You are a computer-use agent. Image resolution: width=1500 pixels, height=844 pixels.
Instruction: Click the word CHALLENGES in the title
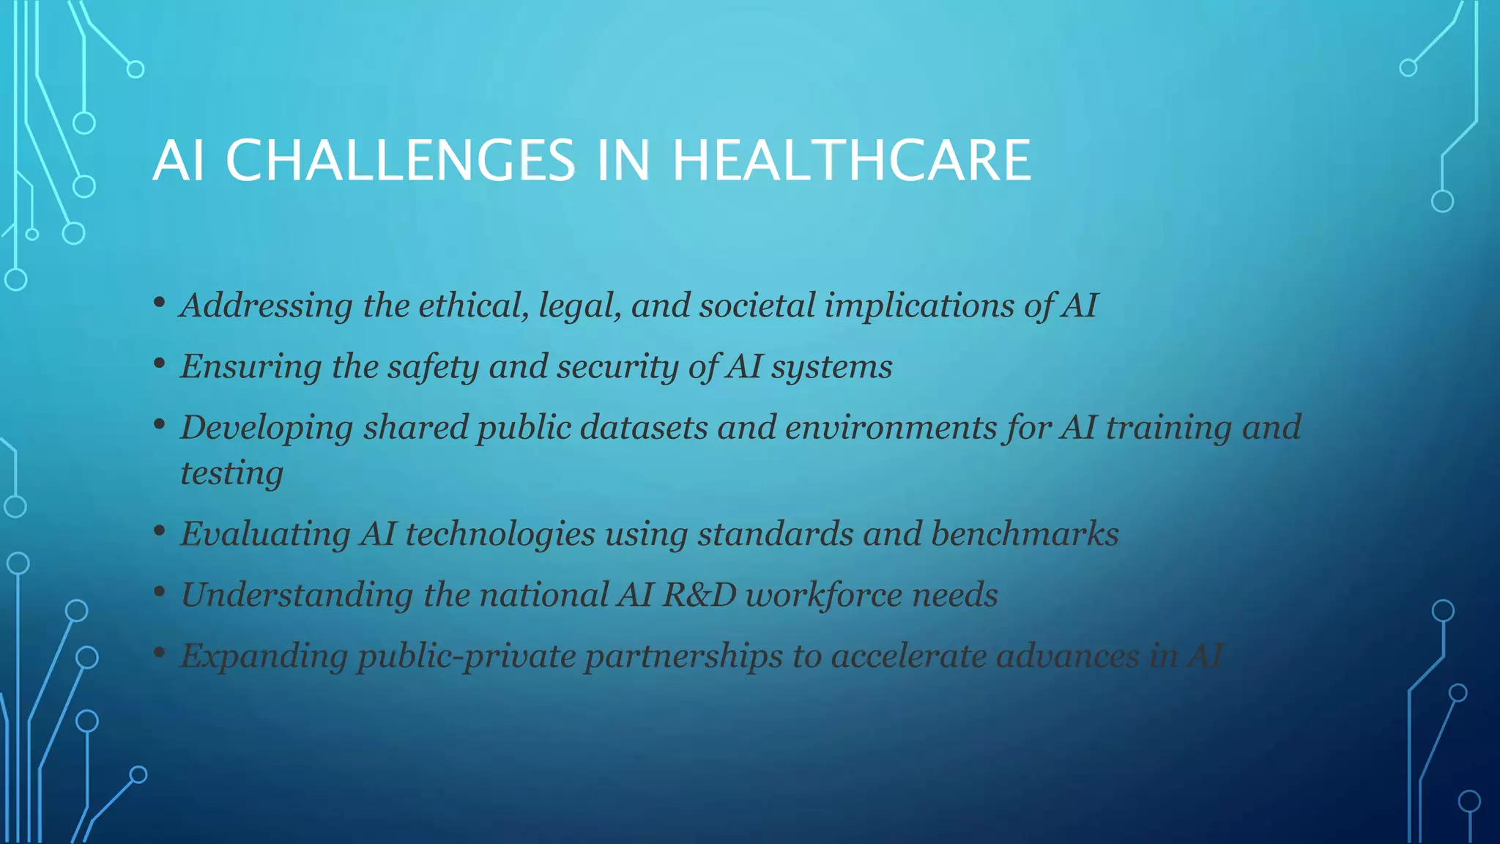400,160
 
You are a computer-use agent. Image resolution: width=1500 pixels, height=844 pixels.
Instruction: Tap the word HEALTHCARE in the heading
851,160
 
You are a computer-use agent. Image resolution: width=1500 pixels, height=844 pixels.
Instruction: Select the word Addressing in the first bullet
266,306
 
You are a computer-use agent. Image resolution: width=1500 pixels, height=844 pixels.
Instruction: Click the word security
617,367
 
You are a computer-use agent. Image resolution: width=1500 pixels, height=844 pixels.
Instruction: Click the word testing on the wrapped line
231,473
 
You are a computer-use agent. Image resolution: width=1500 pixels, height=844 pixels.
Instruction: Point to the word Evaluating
265,534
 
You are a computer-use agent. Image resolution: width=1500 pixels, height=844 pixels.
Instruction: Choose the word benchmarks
1025,534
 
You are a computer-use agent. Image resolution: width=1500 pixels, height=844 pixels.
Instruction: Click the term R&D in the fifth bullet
699,595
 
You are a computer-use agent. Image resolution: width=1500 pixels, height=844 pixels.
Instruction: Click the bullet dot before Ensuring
159,363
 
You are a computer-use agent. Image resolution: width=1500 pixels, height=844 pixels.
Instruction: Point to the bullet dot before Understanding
159,592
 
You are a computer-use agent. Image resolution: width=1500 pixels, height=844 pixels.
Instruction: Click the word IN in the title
623,160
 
